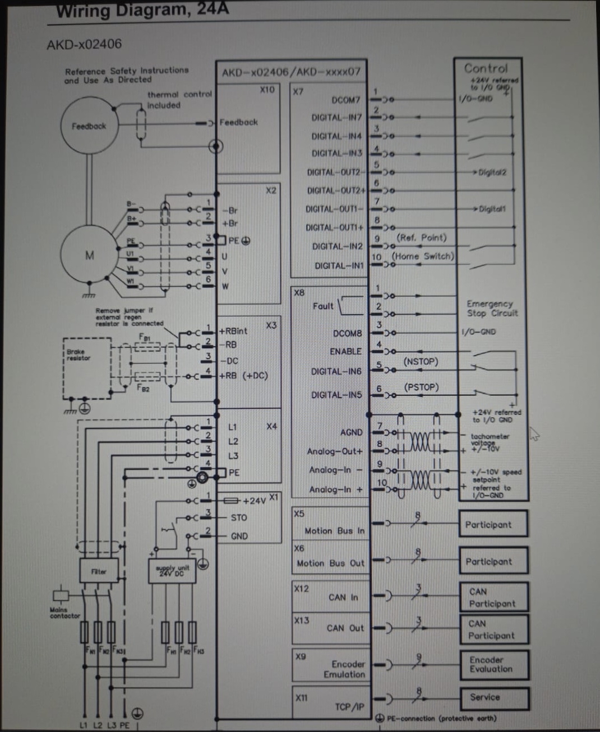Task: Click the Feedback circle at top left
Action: tap(89, 126)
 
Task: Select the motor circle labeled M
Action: tap(89, 255)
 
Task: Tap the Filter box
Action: tap(99, 571)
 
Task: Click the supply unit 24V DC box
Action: tap(172, 571)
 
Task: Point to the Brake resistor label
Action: tap(78, 355)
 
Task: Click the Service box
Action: tap(493, 697)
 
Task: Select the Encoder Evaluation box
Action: tap(493, 664)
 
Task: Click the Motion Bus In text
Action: tap(334, 530)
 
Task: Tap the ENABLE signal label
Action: tap(345, 351)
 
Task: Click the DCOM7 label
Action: tap(345, 100)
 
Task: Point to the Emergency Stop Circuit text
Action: tap(492, 309)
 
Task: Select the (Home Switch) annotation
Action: tap(423, 257)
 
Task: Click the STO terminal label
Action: tap(239, 517)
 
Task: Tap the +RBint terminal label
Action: tap(234, 331)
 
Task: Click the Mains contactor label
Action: tap(65, 613)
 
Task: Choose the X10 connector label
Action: tap(267, 90)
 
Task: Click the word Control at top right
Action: tap(486, 68)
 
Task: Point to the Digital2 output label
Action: tap(492, 172)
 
